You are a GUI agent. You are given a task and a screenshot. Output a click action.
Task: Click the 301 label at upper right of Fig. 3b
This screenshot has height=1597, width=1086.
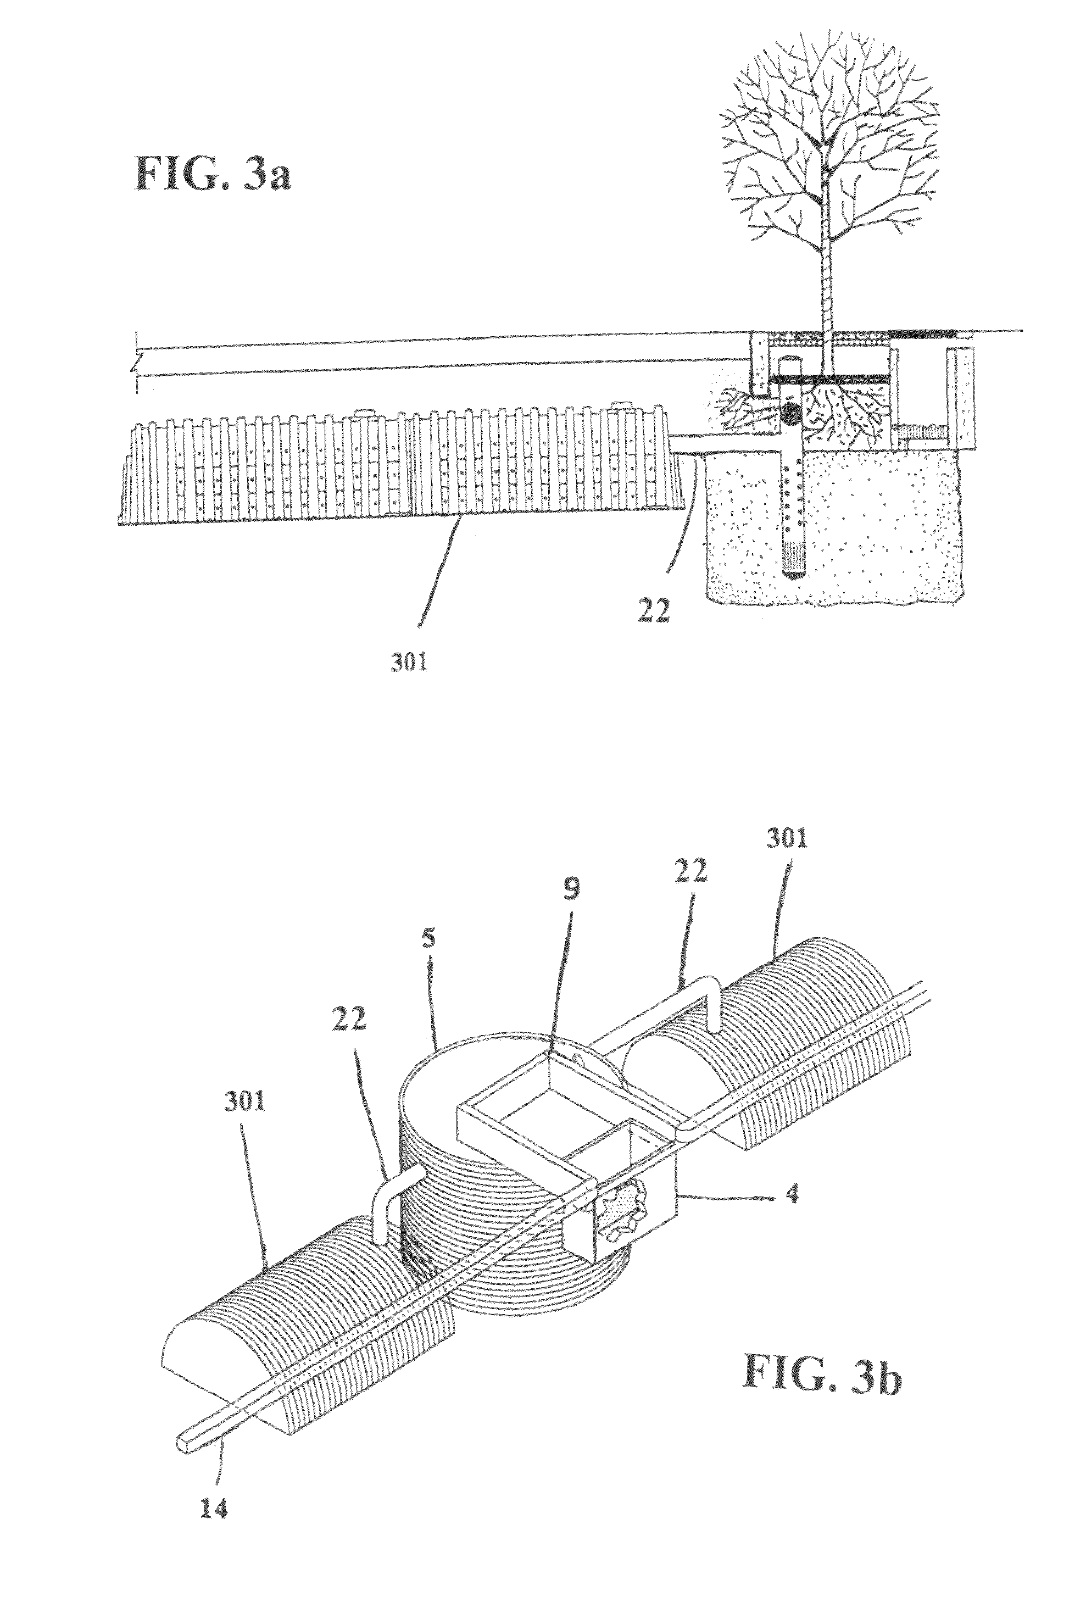[788, 838]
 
